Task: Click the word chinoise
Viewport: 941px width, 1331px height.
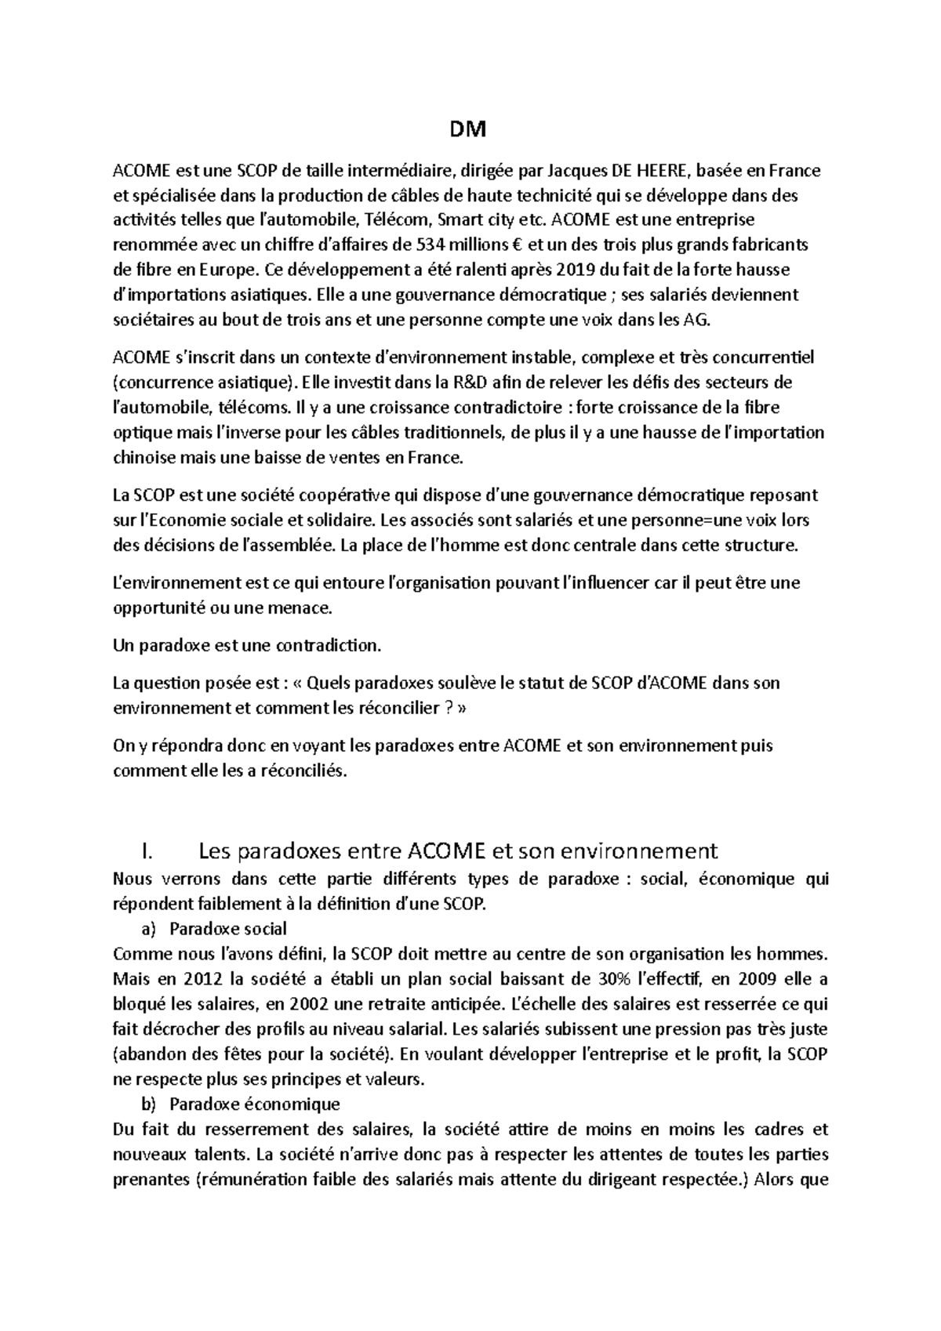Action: [143, 458]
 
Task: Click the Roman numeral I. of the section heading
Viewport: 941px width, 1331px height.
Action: [143, 851]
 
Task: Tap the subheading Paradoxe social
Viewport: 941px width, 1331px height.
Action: [228, 930]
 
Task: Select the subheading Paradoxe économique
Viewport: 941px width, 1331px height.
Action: [255, 1105]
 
